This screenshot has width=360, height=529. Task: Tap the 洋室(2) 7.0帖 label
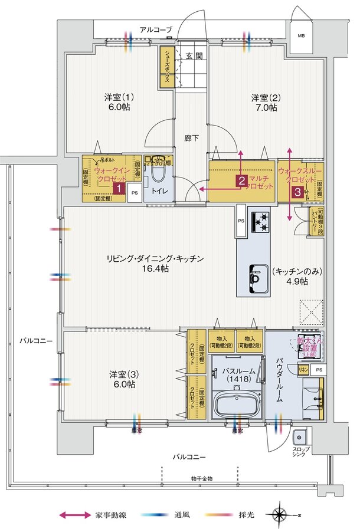click(x=264, y=103)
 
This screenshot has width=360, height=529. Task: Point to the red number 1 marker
click(x=119, y=189)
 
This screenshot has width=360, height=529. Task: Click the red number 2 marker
click(x=241, y=181)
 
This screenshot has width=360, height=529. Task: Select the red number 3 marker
click(x=299, y=192)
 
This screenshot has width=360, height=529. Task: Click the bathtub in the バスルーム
click(x=237, y=406)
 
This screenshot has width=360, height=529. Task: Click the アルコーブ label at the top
click(x=156, y=28)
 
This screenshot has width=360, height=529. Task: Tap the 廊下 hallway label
click(x=191, y=138)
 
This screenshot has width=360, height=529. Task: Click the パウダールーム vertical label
click(x=281, y=378)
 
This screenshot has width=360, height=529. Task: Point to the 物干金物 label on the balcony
click(x=202, y=478)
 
